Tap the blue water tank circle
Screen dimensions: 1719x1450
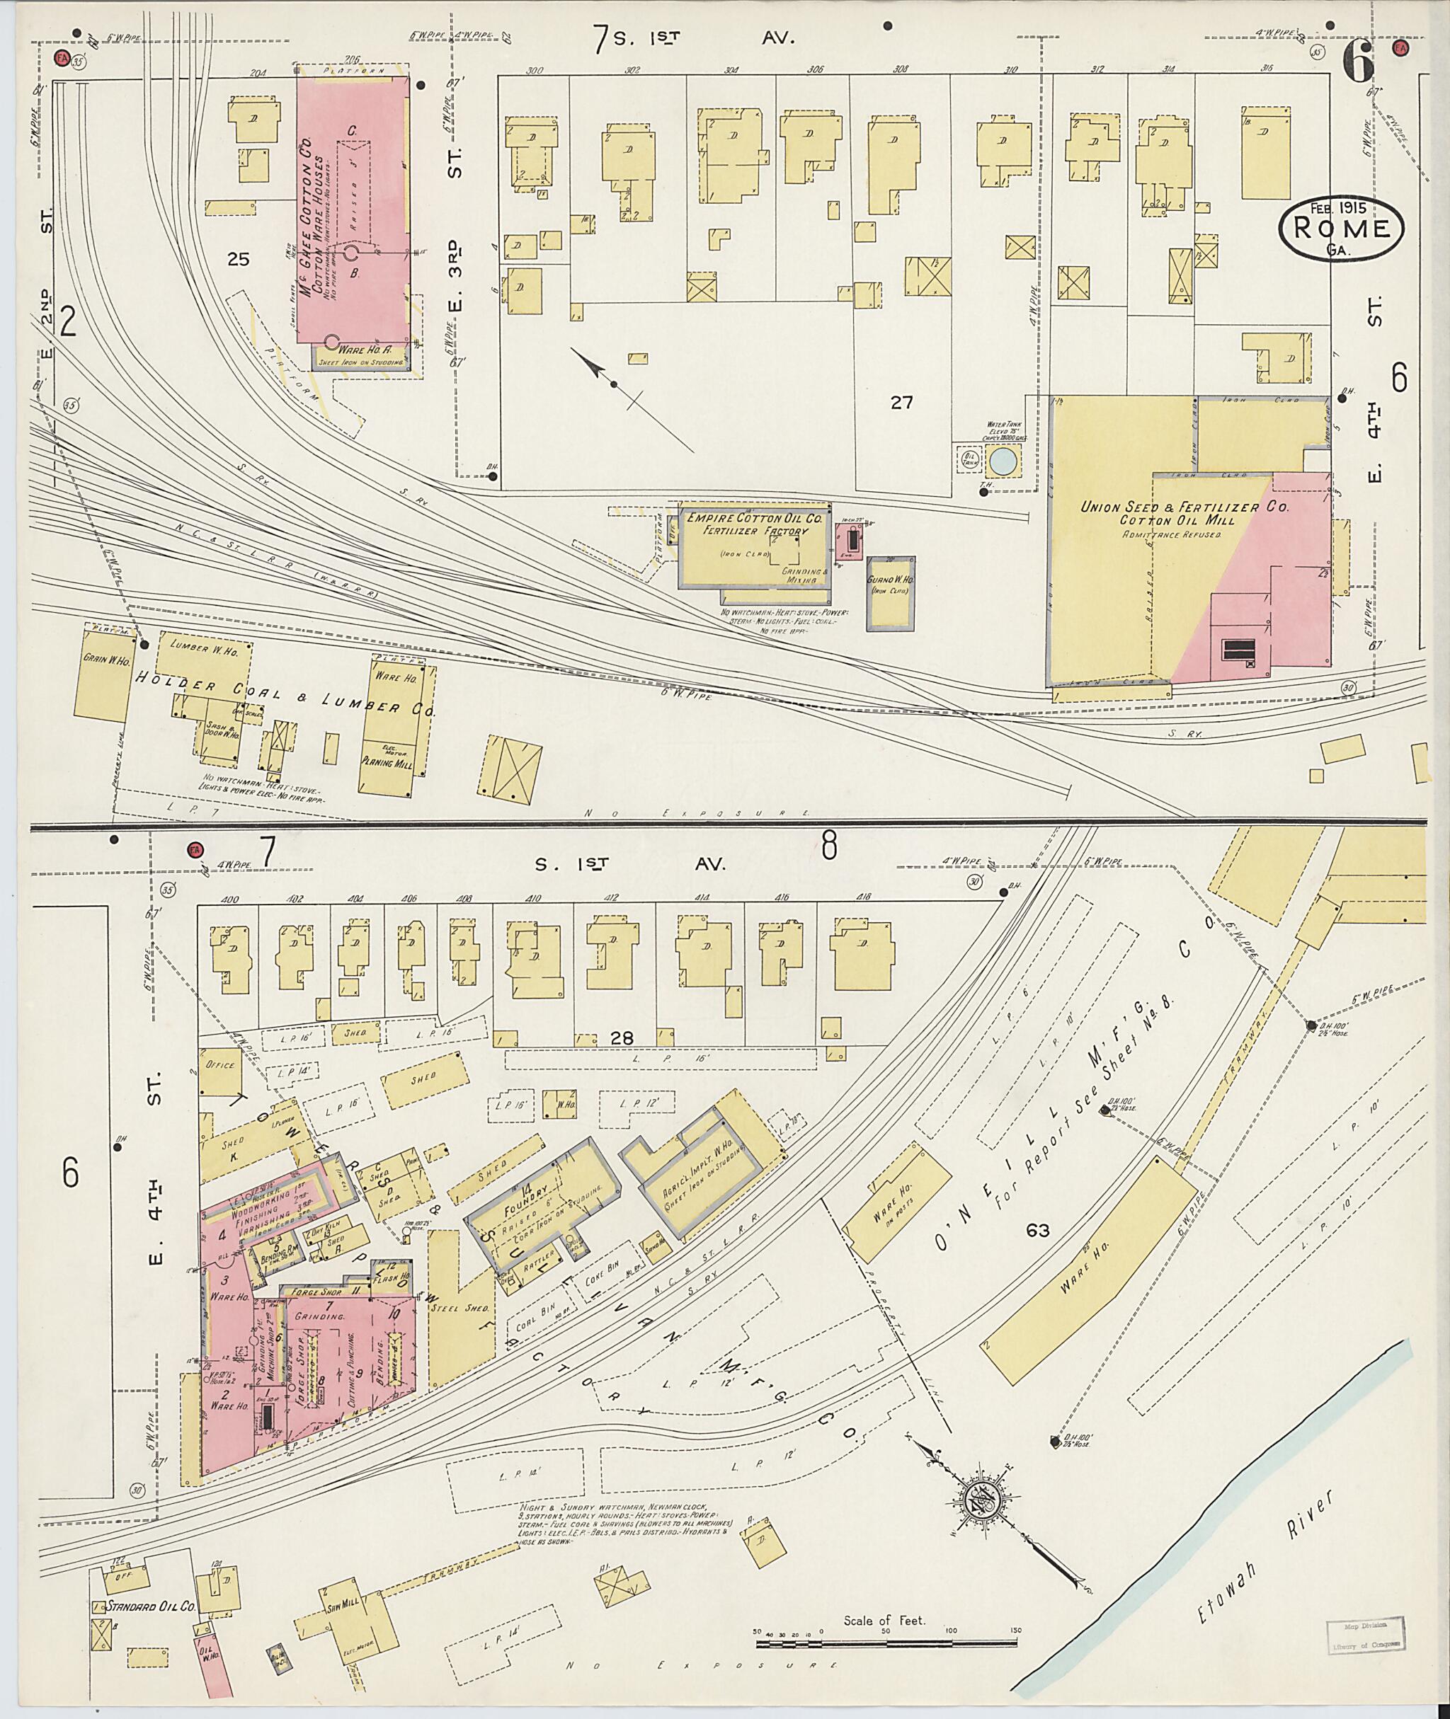click(1001, 462)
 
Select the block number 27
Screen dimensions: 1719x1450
click(902, 403)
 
